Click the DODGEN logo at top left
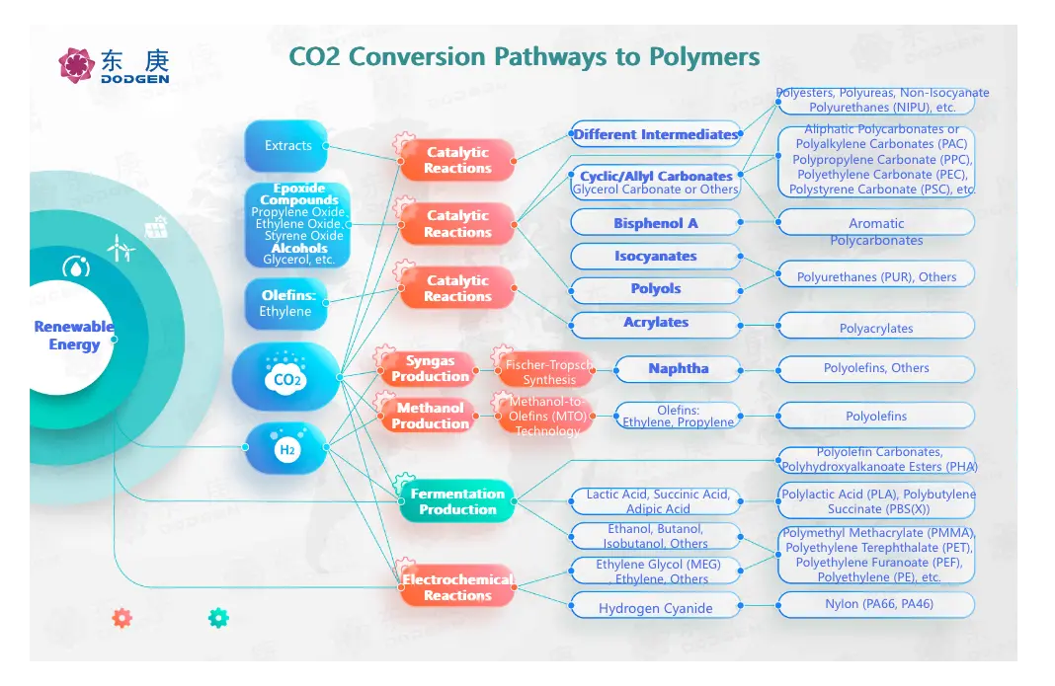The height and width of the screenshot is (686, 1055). coord(114,65)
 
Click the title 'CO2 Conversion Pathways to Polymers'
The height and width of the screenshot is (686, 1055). coord(525,55)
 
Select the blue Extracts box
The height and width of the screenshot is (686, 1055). coord(286,146)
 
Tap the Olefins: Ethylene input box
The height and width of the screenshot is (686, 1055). coord(285,304)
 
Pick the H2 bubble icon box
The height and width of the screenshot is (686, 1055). coord(285,449)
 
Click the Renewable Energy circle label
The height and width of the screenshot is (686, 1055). coord(74,336)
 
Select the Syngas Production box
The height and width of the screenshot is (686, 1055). coord(430,369)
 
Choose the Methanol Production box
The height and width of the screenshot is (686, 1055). coord(430,416)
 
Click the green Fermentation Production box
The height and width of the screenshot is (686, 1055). coord(457,501)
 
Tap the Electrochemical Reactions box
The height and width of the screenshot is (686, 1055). coord(457,587)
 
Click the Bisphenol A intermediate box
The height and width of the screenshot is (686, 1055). coord(656,223)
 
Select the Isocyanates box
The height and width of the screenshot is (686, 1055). coord(656,257)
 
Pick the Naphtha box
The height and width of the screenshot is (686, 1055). coord(678,369)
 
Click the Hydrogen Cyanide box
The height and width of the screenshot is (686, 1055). coord(656,608)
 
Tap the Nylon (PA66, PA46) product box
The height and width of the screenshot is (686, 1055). coord(877,604)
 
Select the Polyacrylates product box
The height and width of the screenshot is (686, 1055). coord(876,328)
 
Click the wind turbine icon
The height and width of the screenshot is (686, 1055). coord(120,247)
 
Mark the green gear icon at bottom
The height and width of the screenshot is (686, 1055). coord(218,618)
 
